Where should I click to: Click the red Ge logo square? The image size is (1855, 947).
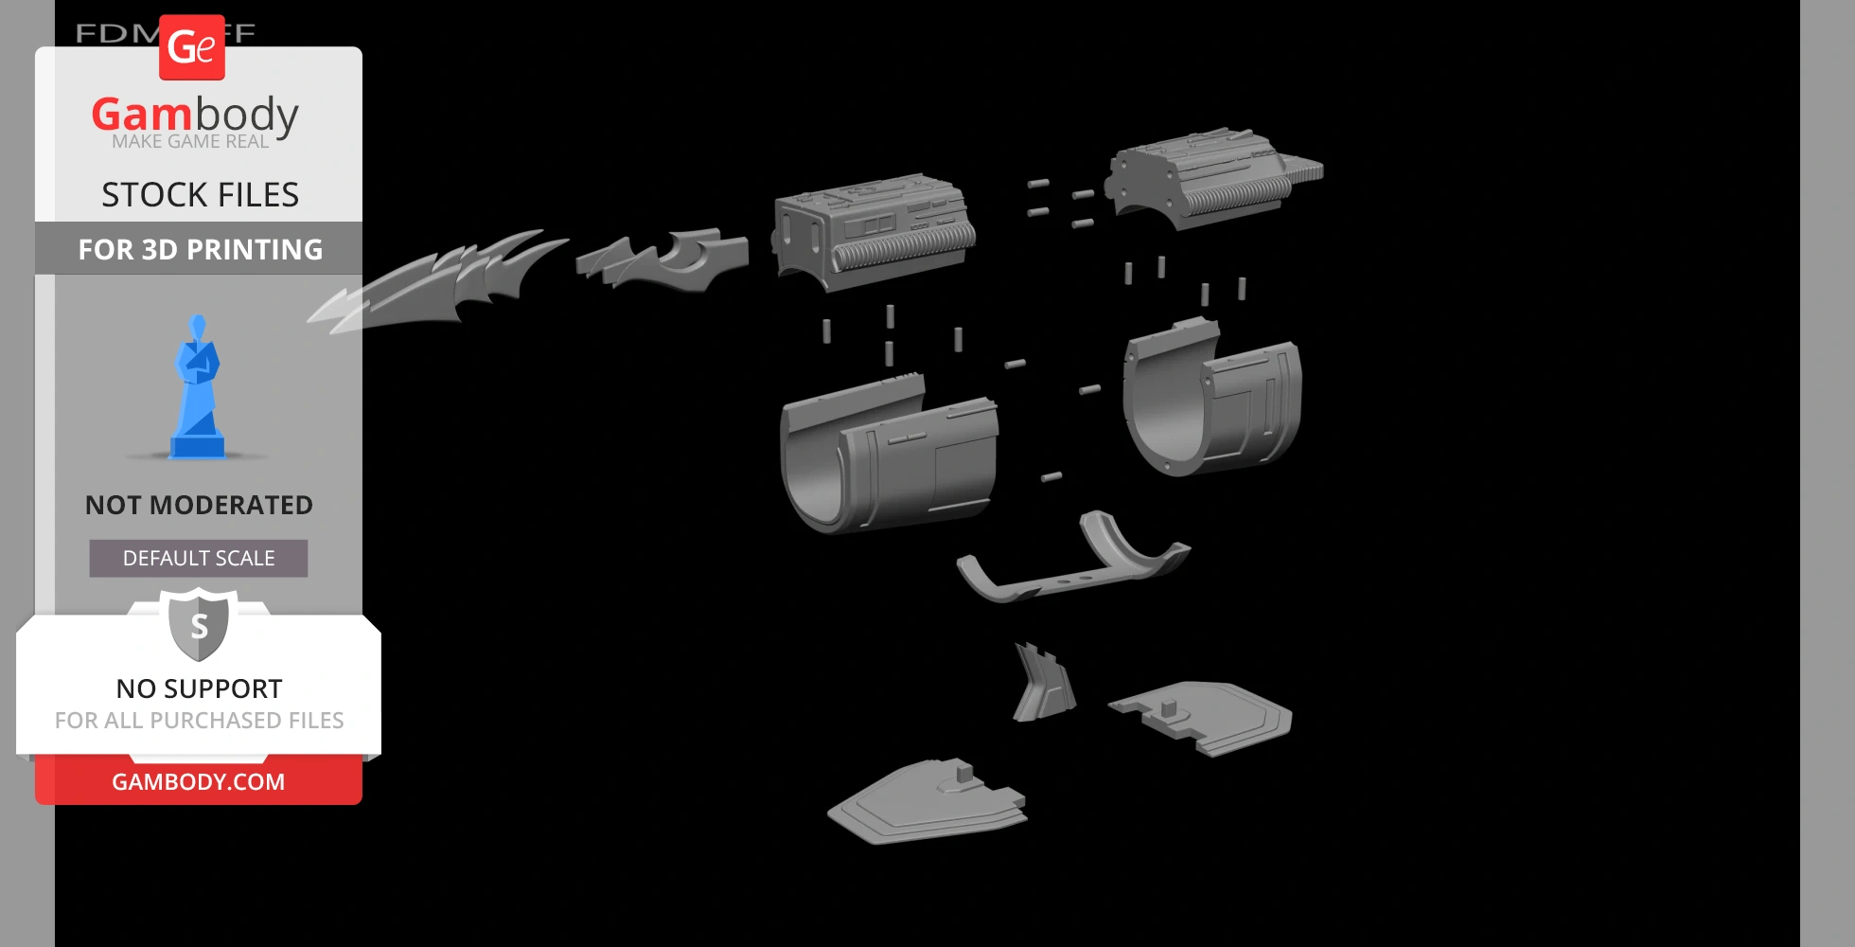(x=192, y=47)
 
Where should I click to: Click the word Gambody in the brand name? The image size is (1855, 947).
(x=195, y=115)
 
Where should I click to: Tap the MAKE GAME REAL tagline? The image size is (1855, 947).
(x=190, y=142)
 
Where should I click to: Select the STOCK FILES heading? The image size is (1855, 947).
(x=200, y=195)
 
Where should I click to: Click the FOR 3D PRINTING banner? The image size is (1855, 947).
(x=200, y=249)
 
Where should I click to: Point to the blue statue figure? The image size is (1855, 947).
(x=198, y=388)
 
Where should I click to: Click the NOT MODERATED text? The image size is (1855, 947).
(x=199, y=505)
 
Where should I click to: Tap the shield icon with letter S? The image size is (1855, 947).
(x=199, y=625)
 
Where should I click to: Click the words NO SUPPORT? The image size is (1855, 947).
(x=199, y=688)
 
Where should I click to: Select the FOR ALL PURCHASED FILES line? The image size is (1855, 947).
(x=199, y=721)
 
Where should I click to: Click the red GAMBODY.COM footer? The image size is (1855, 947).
(x=198, y=781)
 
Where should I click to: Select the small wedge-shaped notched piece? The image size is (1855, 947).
(x=1043, y=684)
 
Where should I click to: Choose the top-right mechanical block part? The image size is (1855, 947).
(x=1211, y=180)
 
